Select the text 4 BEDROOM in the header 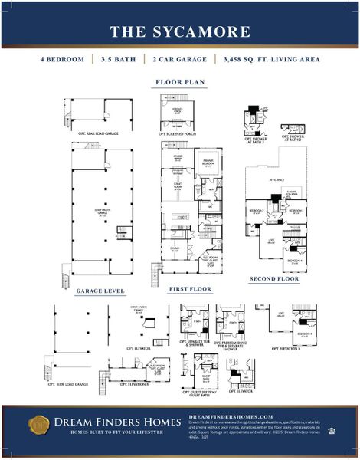(63, 59)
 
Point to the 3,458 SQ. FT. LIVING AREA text (271, 59)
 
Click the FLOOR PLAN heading (179, 80)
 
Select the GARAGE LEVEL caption (100, 291)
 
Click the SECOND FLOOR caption (273, 278)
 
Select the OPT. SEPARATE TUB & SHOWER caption (195, 343)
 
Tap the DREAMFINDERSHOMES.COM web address (231, 416)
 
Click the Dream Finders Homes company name (113, 421)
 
